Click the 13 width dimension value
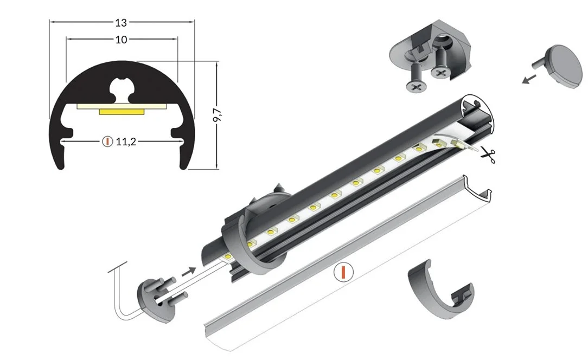[x=121, y=23]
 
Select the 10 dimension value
[x=121, y=40]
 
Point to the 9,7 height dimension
[x=217, y=115]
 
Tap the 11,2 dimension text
[x=126, y=142]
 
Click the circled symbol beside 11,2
[x=107, y=142]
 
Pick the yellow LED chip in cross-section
[x=122, y=111]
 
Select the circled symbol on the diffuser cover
[x=343, y=272]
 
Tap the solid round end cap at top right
[x=561, y=66]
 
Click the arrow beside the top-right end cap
[x=529, y=79]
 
